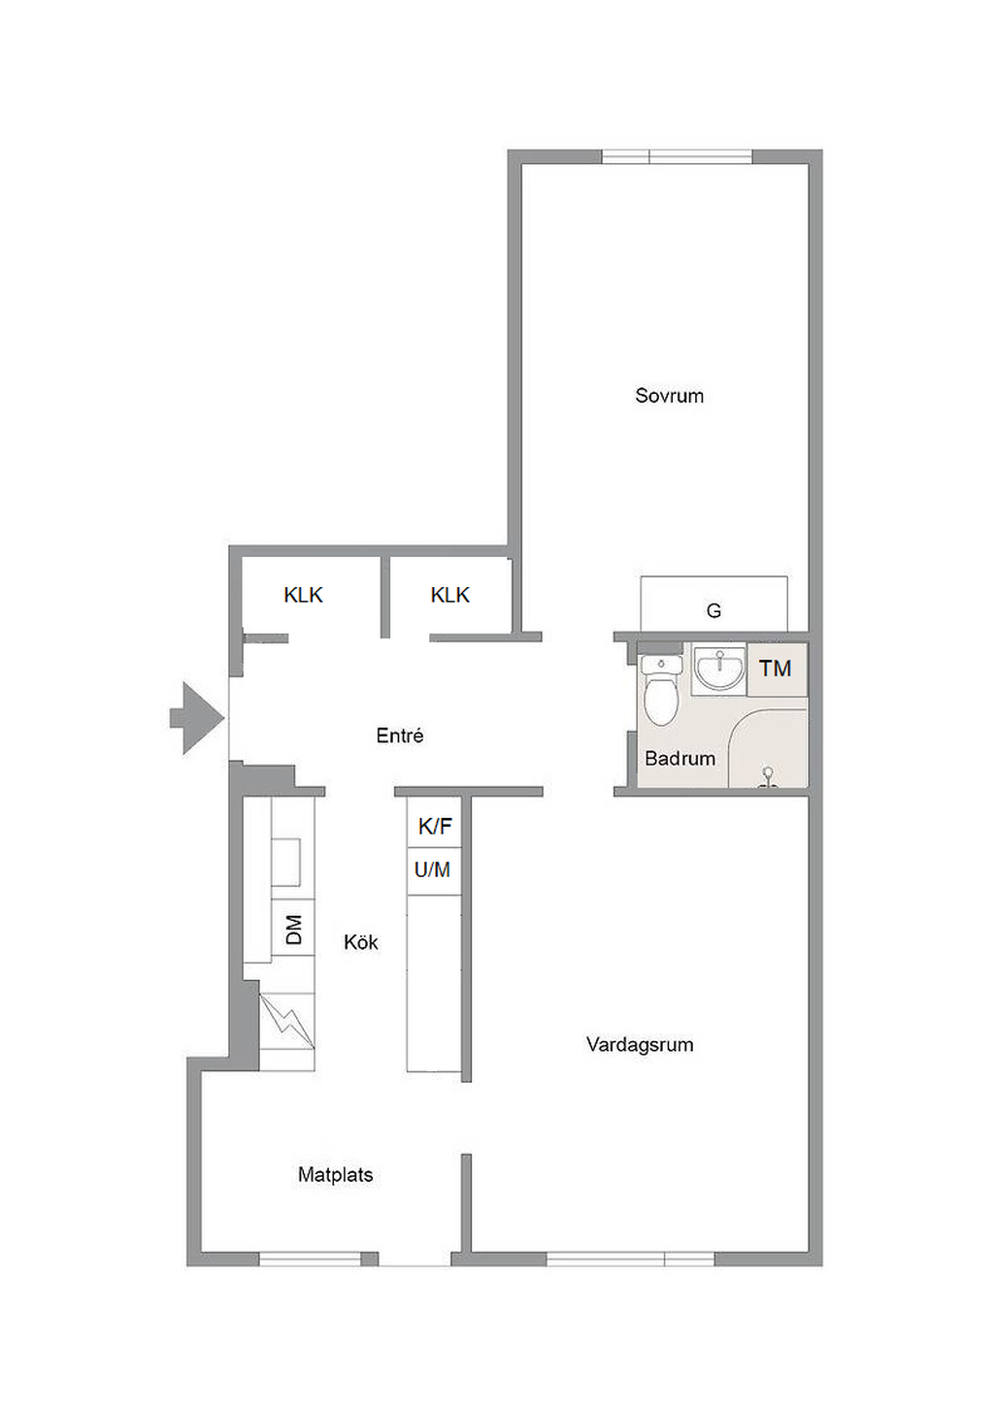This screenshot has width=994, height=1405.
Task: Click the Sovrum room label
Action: coord(669,396)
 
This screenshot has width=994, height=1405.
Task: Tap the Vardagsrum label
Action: coord(640,1044)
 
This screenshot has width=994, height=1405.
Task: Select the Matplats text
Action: coord(335,1174)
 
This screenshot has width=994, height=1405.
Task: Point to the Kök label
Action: coord(361,941)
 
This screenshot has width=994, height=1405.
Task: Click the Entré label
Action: coord(400,735)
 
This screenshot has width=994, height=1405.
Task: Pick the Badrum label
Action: coord(679,759)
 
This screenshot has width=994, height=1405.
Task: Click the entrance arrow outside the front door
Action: coord(197,718)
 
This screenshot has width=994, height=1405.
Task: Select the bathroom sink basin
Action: coord(719,669)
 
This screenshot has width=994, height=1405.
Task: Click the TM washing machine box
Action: coord(777,669)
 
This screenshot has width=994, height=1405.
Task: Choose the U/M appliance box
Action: coord(434,871)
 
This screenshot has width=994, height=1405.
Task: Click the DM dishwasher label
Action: coord(293,929)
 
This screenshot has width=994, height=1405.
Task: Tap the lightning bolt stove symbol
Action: coord(287,1021)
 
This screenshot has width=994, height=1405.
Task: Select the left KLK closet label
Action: coord(303,595)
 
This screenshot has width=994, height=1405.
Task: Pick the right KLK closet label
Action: coord(450,595)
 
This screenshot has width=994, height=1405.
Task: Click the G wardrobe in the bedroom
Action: coord(713,604)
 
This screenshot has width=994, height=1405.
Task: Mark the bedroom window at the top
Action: coord(677,156)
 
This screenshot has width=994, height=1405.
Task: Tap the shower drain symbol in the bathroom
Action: coord(767,776)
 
